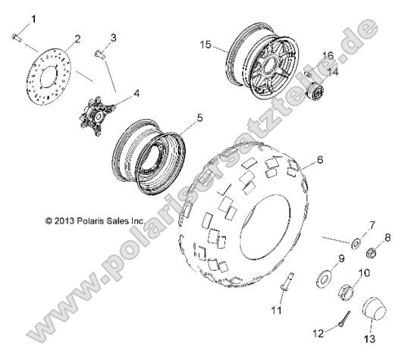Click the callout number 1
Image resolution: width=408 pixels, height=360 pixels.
click(21, 17)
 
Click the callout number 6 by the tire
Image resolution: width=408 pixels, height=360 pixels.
click(320, 160)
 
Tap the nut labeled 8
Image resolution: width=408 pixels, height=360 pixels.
click(372, 253)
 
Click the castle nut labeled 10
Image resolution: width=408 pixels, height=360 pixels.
click(342, 290)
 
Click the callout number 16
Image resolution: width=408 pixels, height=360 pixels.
click(328, 55)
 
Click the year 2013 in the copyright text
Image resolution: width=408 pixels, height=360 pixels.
click(68, 221)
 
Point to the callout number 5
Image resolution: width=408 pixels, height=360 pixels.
click(199, 118)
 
